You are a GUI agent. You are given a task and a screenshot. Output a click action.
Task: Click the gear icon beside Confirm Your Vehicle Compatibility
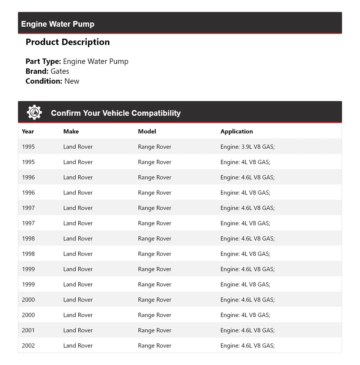click(x=34, y=113)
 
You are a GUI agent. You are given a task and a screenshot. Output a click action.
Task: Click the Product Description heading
click(x=68, y=42)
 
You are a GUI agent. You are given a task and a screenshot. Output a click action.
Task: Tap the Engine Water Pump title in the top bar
click(x=58, y=24)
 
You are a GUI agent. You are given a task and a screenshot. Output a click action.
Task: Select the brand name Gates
click(x=60, y=71)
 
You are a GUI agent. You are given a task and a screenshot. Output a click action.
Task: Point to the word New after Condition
click(x=72, y=81)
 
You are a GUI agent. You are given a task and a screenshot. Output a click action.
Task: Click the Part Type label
click(x=43, y=61)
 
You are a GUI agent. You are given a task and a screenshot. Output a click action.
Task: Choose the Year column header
click(x=28, y=132)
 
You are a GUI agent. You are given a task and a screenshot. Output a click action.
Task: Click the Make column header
click(x=71, y=132)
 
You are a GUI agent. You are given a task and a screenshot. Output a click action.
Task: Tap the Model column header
click(x=147, y=132)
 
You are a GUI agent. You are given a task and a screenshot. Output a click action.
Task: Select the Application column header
click(x=236, y=132)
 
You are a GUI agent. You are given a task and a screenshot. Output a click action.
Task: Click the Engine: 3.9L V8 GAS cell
click(x=247, y=147)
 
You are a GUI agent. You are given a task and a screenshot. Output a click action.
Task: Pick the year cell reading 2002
click(x=28, y=346)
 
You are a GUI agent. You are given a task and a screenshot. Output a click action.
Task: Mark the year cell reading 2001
click(x=28, y=330)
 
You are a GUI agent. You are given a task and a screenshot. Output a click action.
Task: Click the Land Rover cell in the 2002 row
click(x=78, y=346)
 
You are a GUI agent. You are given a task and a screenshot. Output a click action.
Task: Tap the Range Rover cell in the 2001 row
click(x=155, y=330)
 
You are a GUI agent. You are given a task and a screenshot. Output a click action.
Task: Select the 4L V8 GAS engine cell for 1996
click(x=245, y=193)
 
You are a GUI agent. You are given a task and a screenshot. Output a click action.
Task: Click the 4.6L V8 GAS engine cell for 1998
click(x=247, y=239)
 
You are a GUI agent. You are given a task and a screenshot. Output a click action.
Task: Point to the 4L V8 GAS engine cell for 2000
click(x=245, y=315)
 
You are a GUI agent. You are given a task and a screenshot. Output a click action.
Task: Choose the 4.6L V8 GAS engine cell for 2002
click(x=247, y=346)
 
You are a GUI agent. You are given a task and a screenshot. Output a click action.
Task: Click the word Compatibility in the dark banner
click(x=156, y=113)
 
